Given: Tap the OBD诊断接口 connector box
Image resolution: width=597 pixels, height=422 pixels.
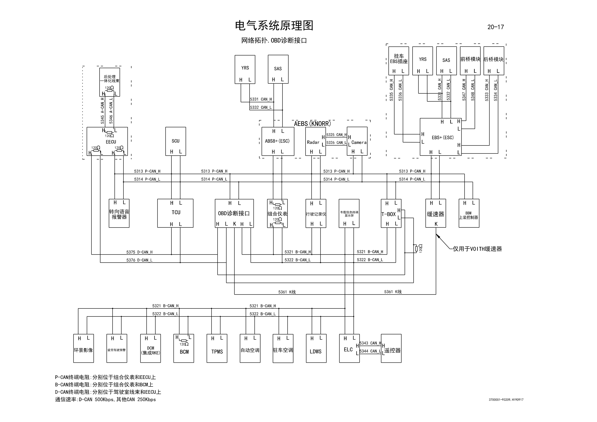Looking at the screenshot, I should (234, 213).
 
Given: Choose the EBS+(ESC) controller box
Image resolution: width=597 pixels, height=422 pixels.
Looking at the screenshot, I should (441, 137).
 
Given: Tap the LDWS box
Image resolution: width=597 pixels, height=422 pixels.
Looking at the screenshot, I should (316, 349).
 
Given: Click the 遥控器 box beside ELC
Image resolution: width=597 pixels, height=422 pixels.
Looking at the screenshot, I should (391, 349).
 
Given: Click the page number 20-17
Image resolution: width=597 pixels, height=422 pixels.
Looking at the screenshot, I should (495, 27).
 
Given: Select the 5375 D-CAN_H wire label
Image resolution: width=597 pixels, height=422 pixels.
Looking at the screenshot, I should (139, 252).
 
